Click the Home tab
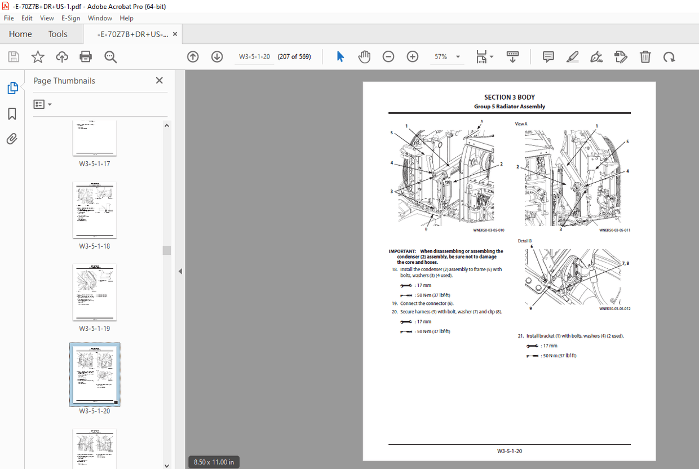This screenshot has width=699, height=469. [x=20, y=34]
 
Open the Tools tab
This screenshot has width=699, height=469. [x=57, y=34]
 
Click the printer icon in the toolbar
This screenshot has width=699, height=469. [x=86, y=56]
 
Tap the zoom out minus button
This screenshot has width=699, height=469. [x=388, y=56]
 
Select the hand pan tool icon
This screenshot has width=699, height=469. [x=364, y=56]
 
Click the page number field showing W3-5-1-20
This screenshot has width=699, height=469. [x=254, y=56]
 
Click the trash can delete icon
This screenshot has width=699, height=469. [x=645, y=56]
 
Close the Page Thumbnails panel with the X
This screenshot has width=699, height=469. [x=159, y=81]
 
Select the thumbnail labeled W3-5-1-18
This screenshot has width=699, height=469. [x=95, y=210]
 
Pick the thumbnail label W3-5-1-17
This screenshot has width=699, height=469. [x=95, y=164]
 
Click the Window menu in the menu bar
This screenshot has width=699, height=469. [x=100, y=18]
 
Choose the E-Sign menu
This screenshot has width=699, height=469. [x=71, y=18]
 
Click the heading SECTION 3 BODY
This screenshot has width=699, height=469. [x=509, y=98]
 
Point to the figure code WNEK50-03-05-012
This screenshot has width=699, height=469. [x=614, y=309]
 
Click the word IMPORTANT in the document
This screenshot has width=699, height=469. [x=402, y=251]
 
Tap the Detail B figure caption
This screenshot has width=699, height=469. [x=525, y=241]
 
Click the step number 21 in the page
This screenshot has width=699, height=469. [x=521, y=336]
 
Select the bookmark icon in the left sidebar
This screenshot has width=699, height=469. [x=12, y=114]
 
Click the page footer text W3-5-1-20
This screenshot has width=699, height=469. [x=509, y=451]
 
